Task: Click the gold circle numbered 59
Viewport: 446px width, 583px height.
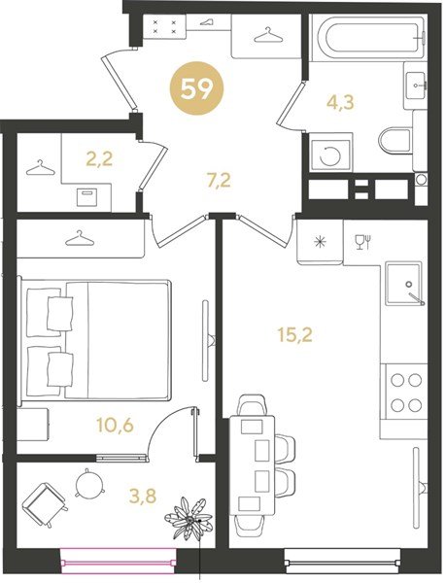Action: (196, 90)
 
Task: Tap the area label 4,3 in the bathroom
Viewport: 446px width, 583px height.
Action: (340, 101)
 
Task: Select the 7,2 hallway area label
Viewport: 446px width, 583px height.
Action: (219, 181)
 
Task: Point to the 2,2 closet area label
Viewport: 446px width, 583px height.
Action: (98, 159)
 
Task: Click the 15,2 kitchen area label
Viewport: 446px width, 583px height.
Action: (294, 334)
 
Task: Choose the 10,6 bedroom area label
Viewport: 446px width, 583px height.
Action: (115, 425)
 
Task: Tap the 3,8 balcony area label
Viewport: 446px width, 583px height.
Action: (142, 496)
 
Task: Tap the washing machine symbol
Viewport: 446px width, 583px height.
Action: (330, 155)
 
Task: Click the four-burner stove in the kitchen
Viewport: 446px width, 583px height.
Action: (405, 393)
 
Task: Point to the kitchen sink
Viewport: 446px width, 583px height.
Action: (404, 284)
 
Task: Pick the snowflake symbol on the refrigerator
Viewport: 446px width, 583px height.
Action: (320, 242)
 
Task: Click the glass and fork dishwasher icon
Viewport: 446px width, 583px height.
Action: (363, 242)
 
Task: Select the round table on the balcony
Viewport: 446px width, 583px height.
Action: (88, 483)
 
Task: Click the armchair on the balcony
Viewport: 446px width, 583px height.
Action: (46, 503)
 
